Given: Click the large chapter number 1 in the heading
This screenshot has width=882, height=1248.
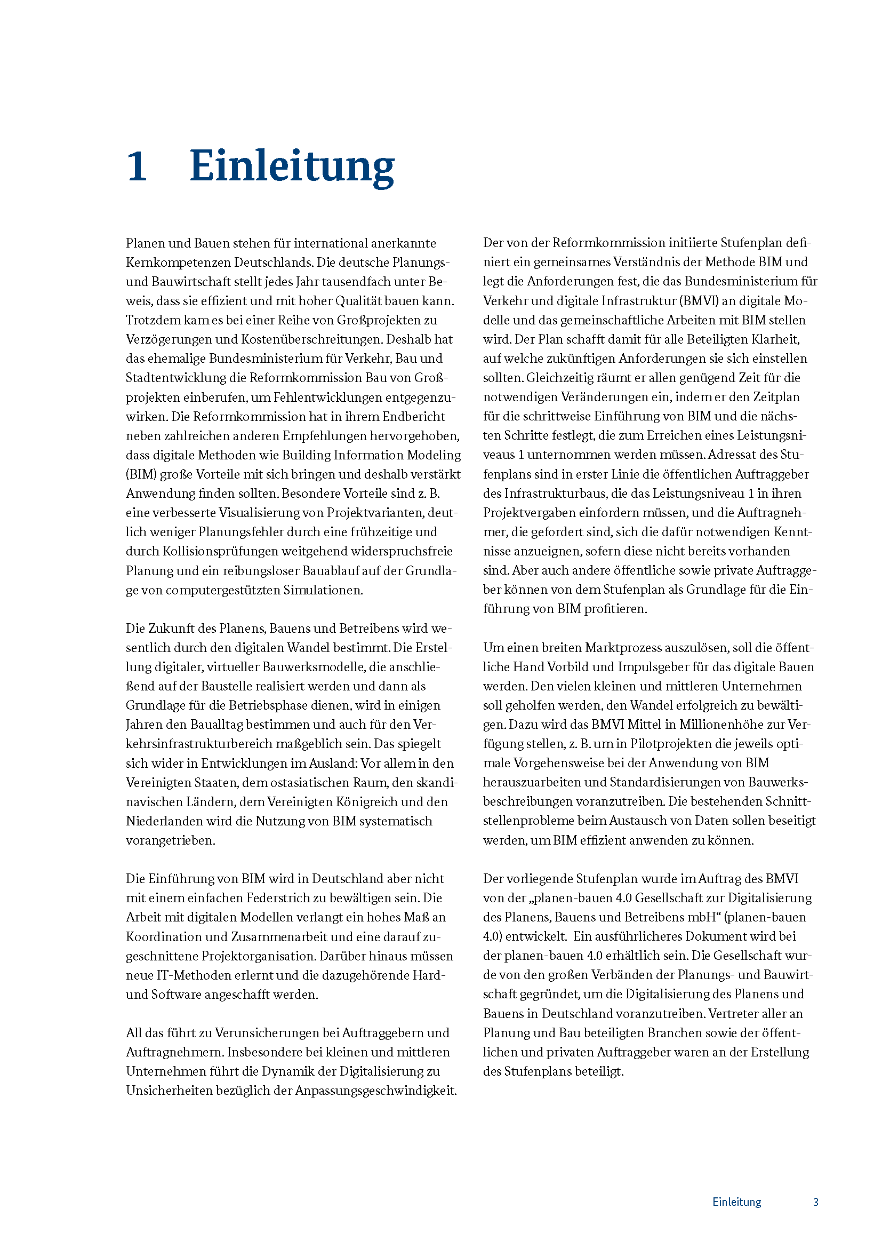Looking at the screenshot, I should tap(137, 166).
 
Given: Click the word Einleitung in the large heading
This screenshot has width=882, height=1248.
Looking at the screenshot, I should tap(292, 166).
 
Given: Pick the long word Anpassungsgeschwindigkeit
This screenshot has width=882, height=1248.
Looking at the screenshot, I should tap(376, 1091).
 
